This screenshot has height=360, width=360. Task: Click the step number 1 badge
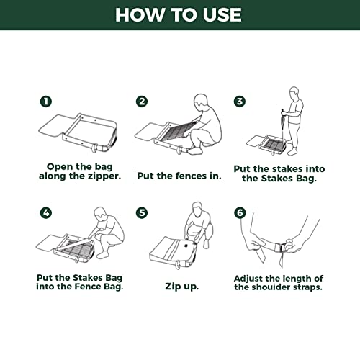46,102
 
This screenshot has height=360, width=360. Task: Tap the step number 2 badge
142,102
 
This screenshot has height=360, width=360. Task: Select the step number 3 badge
240,102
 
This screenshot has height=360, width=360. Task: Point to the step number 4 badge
46,212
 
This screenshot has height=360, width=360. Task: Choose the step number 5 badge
142,212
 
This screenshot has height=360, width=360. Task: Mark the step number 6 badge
240,212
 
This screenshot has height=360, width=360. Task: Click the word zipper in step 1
104,176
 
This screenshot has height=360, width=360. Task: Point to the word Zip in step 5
173,287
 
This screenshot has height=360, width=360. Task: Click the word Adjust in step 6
248,279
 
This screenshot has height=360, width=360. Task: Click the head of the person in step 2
200,102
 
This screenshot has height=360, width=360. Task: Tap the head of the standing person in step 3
294,94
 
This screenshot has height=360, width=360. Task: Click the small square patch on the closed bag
186,246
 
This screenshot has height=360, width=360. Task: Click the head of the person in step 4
99,214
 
